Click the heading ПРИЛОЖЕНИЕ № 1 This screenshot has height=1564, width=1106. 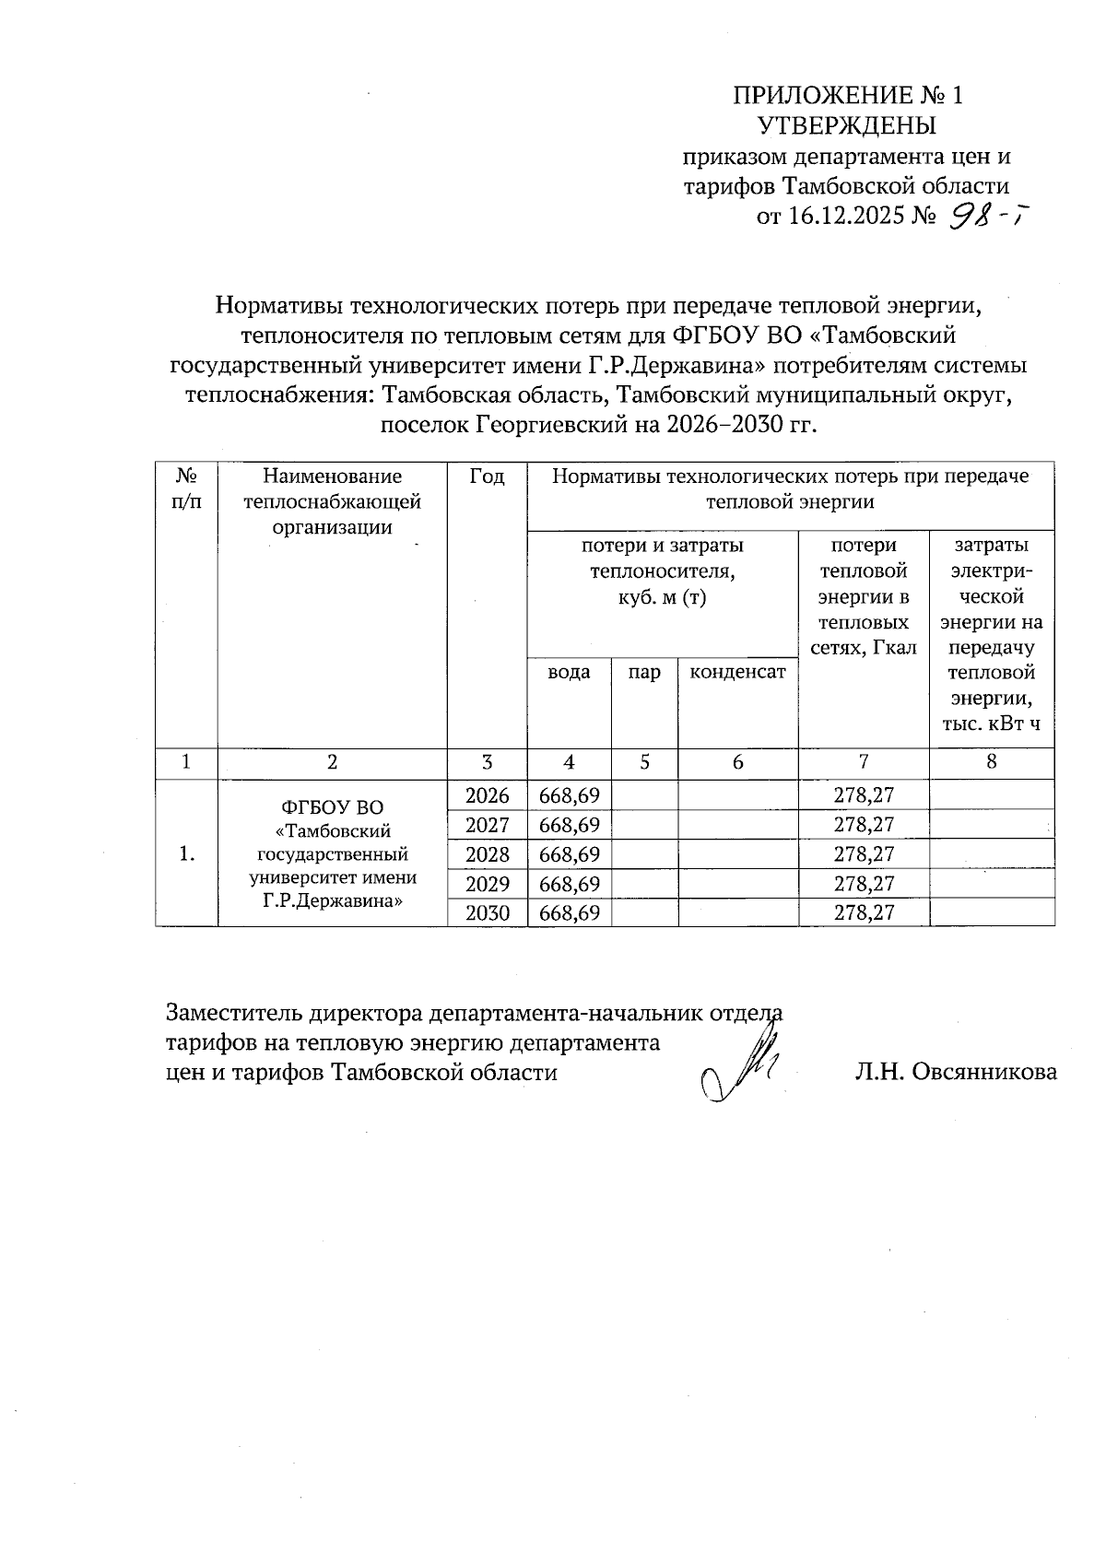point(847,96)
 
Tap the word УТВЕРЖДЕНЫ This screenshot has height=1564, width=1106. point(847,125)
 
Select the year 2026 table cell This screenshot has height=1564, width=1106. point(487,795)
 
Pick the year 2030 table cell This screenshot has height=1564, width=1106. point(487,912)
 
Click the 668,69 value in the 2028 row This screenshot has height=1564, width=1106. point(569,854)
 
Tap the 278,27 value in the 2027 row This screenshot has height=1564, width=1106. point(864,825)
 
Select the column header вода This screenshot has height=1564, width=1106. point(569,673)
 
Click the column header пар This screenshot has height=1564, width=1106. point(644,673)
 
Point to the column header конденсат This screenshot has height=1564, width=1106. point(737,673)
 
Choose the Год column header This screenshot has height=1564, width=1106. point(487,476)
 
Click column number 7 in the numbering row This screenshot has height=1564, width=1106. point(864,762)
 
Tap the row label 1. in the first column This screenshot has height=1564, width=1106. point(186,854)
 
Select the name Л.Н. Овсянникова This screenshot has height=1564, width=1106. point(956,1072)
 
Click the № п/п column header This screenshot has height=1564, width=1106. point(186,488)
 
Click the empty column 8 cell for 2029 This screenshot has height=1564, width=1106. point(992,884)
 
